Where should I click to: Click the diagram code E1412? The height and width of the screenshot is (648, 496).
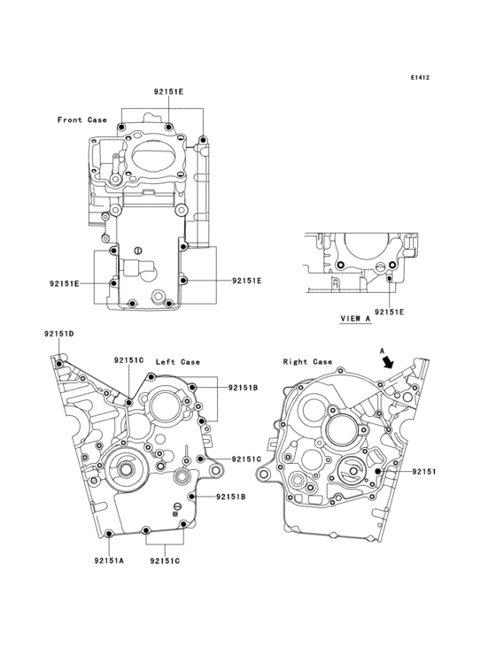click(x=420, y=77)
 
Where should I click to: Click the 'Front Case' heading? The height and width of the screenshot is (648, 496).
click(x=81, y=120)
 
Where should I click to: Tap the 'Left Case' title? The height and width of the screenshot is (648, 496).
click(x=178, y=362)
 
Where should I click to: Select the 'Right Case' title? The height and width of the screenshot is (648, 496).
click(x=307, y=362)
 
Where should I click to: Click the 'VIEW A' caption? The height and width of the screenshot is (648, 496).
click(x=355, y=318)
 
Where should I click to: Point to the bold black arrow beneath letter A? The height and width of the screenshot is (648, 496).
click(x=388, y=362)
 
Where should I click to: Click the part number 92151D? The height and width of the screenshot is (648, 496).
click(x=58, y=334)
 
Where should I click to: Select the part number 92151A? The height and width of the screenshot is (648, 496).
click(x=109, y=560)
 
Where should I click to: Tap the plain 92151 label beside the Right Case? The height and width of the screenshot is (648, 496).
click(x=423, y=471)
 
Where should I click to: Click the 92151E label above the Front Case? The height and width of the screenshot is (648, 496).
click(x=168, y=92)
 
